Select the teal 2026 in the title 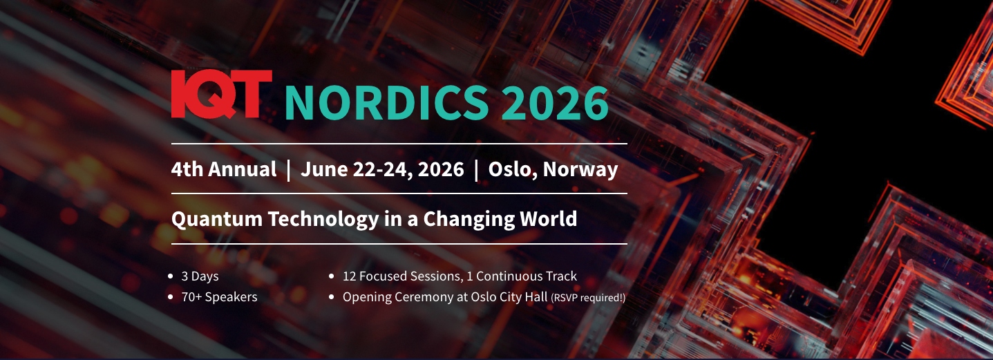tap(555, 102)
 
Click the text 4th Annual tap(223, 169)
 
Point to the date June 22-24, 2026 tap(382, 169)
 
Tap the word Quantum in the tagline tap(217, 219)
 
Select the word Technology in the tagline tap(323, 219)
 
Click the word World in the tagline tap(550, 219)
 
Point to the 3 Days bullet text tap(200, 276)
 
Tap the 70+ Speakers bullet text tap(219, 297)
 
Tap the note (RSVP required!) tap(588, 298)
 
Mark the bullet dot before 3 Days tap(171, 276)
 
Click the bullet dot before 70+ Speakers tap(171, 297)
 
